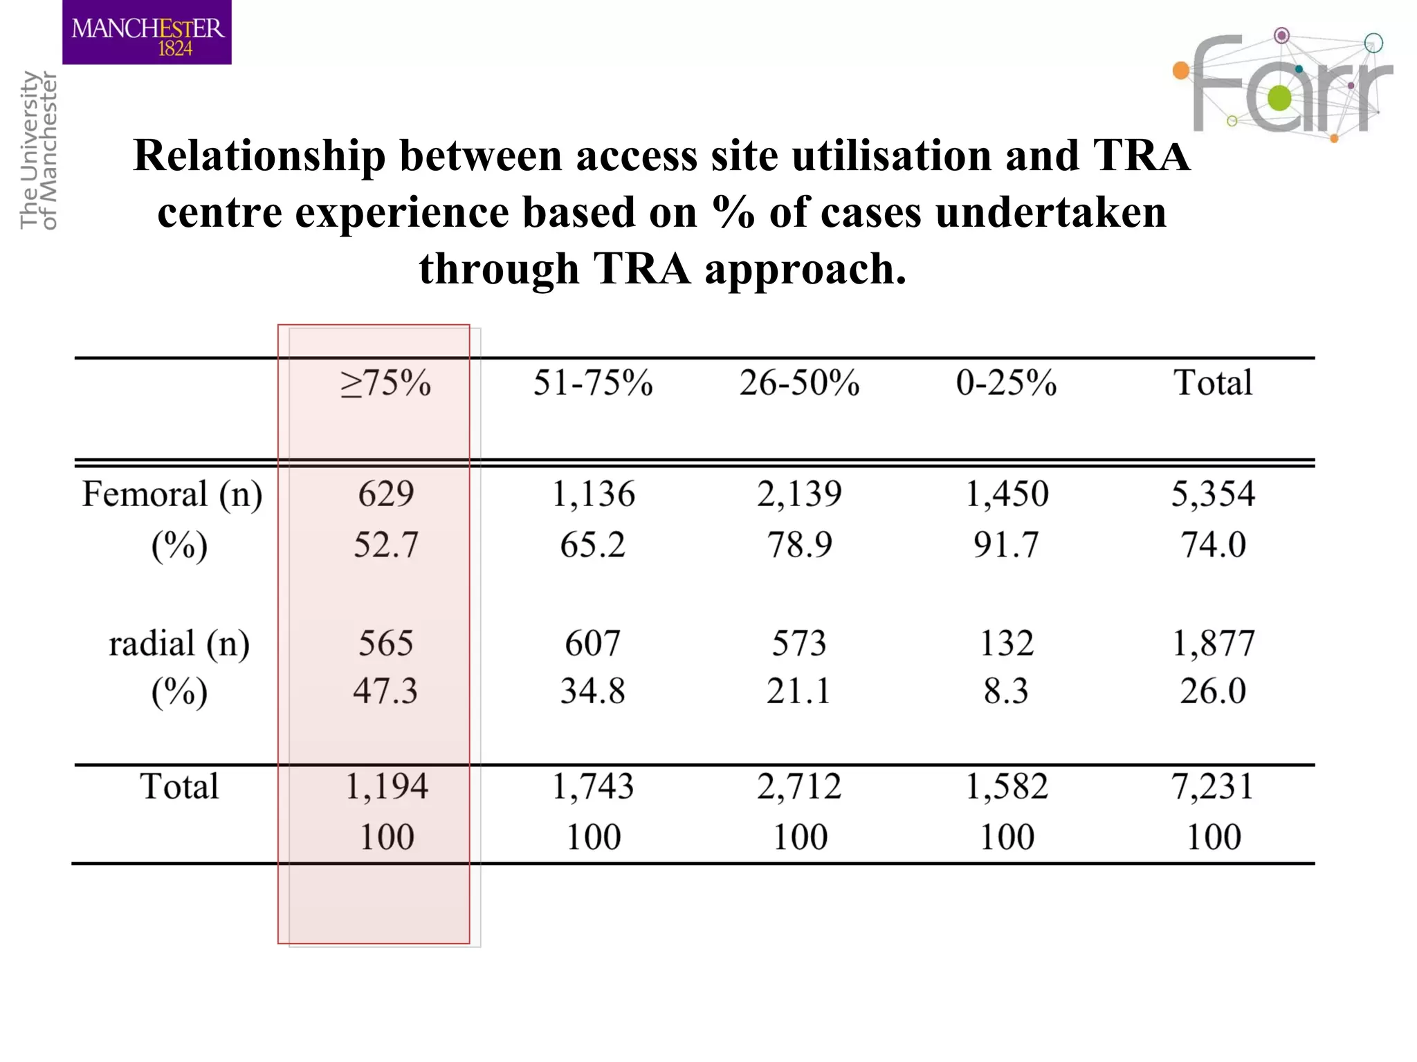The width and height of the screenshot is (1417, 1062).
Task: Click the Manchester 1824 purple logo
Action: (x=147, y=32)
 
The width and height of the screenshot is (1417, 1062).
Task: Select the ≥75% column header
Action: (x=385, y=383)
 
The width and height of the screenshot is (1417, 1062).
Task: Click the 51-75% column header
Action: (x=593, y=383)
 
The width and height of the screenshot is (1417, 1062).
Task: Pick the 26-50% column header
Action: (x=799, y=383)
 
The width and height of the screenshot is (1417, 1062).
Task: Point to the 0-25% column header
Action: (x=1006, y=383)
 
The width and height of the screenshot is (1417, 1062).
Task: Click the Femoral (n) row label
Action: (x=172, y=495)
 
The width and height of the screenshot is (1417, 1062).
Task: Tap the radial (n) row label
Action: (x=179, y=644)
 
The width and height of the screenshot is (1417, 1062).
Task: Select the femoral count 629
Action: (x=386, y=494)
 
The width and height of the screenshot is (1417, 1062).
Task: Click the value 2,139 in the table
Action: (x=799, y=494)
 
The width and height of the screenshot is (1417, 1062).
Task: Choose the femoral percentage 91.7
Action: (x=1006, y=545)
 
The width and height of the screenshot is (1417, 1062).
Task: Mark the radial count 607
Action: (x=592, y=644)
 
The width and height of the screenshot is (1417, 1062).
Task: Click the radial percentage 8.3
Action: (x=1006, y=691)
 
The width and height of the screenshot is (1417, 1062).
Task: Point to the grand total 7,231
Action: (x=1212, y=787)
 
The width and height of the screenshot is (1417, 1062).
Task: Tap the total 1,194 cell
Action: (x=386, y=787)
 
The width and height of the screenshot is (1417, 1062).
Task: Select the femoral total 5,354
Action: (x=1212, y=494)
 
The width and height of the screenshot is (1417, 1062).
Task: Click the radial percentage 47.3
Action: (x=385, y=691)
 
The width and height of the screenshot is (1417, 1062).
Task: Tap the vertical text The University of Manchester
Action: (x=39, y=150)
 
